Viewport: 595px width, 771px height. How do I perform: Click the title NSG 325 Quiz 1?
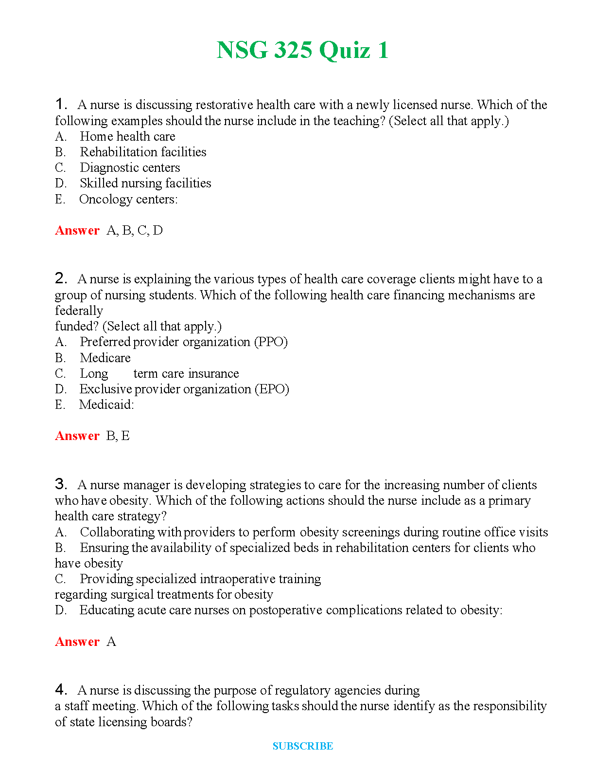coord(302,50)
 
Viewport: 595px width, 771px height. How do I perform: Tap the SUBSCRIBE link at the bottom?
coord(302,746)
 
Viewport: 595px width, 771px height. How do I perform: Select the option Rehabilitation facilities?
coord(143,152)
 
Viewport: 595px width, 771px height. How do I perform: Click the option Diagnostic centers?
coord(130,167)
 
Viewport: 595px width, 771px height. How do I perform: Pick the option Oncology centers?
coord(128,199)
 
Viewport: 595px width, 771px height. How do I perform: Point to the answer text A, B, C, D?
coord(135,230)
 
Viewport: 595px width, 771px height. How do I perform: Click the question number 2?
coord(60,278)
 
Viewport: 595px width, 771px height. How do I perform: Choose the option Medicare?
coord(105,358)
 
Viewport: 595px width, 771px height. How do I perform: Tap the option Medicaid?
coord(106,404)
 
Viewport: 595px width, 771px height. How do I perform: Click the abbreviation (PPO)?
coord(271,342)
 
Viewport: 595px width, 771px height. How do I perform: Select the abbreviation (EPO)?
coord(272,389)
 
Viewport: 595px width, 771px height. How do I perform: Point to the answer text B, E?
coord(118,436)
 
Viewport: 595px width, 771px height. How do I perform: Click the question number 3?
coord(60,484)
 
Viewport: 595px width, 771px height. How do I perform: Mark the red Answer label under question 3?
coord(77,642)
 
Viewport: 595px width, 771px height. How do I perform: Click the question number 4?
coord(60,690)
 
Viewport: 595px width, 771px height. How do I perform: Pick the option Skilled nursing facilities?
coord(145,183)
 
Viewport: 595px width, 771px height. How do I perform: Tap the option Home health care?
coord(127,136)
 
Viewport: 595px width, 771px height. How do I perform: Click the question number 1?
coord(60,104)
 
